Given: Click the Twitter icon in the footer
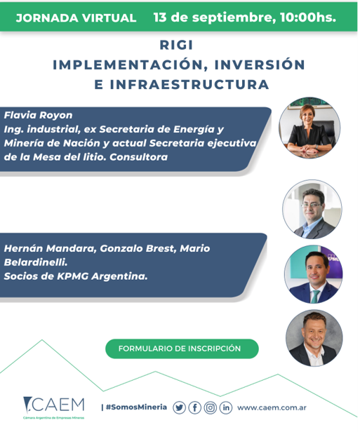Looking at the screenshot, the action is tap(179, 407).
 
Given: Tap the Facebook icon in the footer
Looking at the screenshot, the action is tap(195, 407).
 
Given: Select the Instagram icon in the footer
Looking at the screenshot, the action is tap(211, 407).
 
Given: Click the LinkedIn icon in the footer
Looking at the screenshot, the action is tap(226, 407).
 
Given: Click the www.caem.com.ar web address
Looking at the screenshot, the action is tap(272, 407).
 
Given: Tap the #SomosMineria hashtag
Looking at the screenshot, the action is tap(136, 407).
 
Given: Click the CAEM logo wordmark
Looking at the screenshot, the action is tap(54, 405).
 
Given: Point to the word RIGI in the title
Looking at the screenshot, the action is tap(176, 45).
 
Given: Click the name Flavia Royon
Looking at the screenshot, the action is tap(38, 115).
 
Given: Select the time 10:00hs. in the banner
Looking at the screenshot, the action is tap(308, 18).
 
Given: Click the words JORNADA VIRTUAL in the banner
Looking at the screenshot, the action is tap(76, 18).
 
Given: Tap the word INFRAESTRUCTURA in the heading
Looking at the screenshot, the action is tap(189, 85).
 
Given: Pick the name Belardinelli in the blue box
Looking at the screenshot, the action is tap(36, 262).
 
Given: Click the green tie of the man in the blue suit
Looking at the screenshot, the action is tap(315, 297).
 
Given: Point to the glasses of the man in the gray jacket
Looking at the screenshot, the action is tap(312, 205).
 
